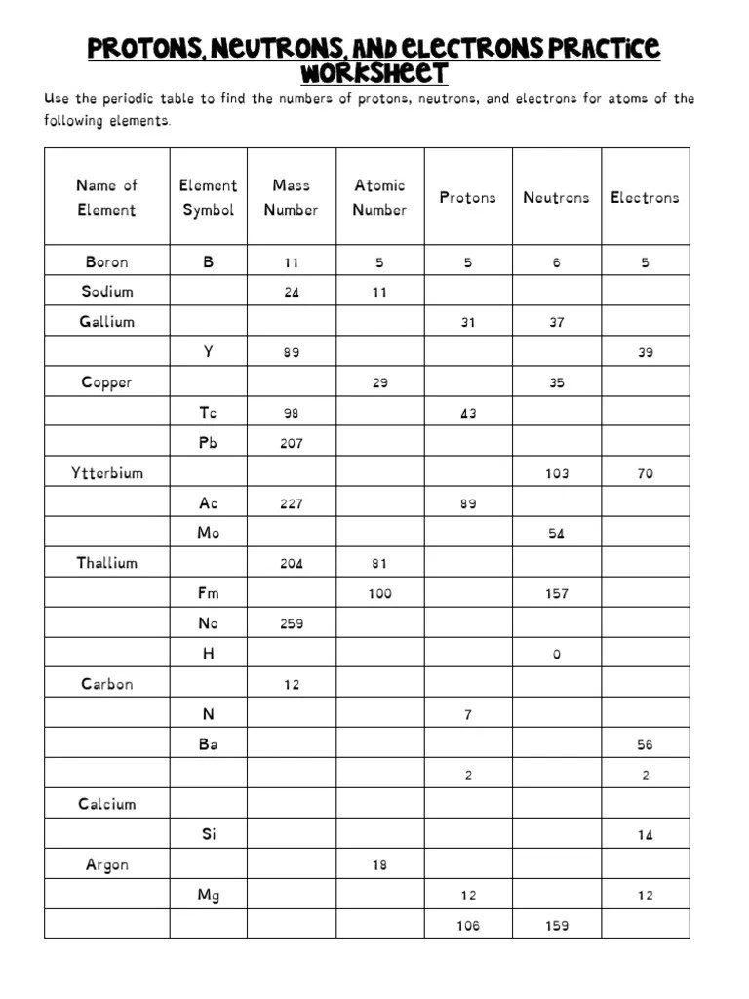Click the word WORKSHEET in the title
(374, 73)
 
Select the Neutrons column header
(556, 197)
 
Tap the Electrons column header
(645, 197)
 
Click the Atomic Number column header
(379, 197)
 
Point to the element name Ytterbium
(107, 473)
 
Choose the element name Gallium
(107, 322)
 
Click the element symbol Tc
(208, 413)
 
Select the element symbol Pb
(208, 443)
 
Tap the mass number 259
(292, 624)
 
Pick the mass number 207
(292, 444)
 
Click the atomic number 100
(379, 594)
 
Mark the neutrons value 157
(556, 594)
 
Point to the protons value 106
(468, 926)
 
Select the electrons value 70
(645, 474)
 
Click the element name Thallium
(107, 563)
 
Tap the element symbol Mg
(208, 896)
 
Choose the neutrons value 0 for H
(556, 655)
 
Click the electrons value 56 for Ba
(645, 745)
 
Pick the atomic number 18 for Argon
(379, 865)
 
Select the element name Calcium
(107, 805)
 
